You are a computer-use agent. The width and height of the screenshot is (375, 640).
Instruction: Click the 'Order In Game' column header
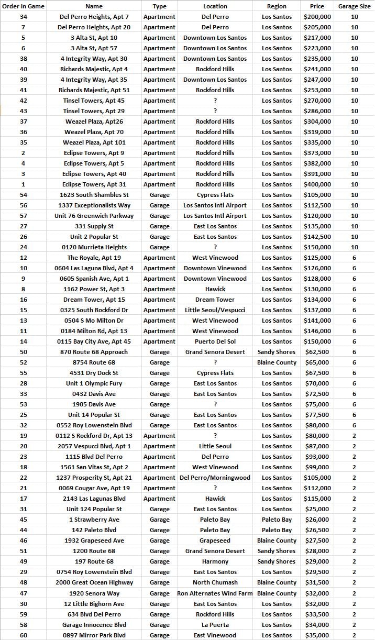[x=23, y=6]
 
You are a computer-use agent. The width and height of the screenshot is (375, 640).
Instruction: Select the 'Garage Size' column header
[x=354, y=6]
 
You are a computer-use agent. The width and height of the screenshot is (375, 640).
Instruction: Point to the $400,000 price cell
[x=317, y=184]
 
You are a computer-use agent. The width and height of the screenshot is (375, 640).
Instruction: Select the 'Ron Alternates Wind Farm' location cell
[x=215, y=593]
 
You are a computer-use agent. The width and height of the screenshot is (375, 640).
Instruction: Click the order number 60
[x=23, y=635]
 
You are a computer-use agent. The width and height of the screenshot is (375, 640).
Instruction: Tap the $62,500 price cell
[x=317, y=352]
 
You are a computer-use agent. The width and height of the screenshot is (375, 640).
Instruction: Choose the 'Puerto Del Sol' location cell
[x=215, y=341]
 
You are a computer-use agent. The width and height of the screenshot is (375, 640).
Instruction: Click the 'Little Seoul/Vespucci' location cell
[x=215, y=310]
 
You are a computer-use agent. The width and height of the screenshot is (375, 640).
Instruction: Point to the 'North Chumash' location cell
[x=215, y=582]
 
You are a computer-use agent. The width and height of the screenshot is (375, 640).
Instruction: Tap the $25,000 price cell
[x=317, y=509]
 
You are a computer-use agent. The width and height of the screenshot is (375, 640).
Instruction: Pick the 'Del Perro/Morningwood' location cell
[x=215, y=478]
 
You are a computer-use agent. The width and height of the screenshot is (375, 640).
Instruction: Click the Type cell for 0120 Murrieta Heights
[x=159, y=247]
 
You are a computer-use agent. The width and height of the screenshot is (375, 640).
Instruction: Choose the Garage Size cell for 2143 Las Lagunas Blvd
[x=354, y=499]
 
